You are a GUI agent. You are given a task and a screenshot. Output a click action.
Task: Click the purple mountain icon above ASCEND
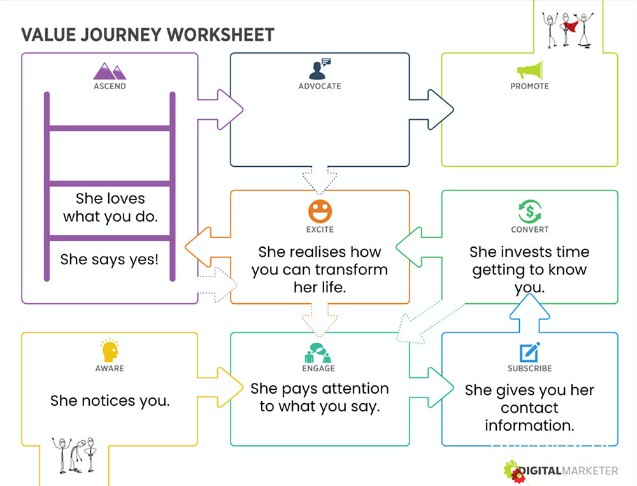(110, 71)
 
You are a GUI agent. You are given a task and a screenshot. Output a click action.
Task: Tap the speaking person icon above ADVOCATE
(320, 69)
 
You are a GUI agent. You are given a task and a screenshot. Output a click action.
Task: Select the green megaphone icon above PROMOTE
(530, 70)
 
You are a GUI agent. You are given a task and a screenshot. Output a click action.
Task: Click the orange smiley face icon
(320, 211)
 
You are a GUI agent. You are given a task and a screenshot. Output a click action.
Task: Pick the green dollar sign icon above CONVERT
(530, 211)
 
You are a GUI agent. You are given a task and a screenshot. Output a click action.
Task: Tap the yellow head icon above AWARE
(110, 350)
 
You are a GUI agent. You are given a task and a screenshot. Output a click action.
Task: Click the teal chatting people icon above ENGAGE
(318, 353)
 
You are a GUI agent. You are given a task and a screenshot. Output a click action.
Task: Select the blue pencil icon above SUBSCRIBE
(530, 352)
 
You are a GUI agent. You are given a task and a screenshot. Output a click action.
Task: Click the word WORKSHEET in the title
(220, 35)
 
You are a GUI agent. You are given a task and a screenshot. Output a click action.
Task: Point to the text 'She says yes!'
(110, 259)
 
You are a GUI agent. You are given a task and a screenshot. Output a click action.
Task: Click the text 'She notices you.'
(110, 401)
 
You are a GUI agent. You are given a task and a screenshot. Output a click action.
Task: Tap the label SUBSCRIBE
(530, 368)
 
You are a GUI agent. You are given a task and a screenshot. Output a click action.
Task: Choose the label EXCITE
(320, 229)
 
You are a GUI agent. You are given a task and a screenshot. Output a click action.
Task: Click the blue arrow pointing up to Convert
(529, 313)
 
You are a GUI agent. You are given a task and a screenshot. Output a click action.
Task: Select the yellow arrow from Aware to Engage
(220, 387)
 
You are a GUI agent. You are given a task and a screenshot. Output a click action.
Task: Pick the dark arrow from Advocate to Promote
(431, 110)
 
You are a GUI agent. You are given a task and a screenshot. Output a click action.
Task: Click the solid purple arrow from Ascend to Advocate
(220, 110)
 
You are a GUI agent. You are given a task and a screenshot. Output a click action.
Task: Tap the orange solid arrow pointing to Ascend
(208, 247)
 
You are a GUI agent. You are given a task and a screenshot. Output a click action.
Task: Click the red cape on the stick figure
(570, 26)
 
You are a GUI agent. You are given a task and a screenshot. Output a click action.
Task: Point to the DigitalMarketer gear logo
(514, 471)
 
